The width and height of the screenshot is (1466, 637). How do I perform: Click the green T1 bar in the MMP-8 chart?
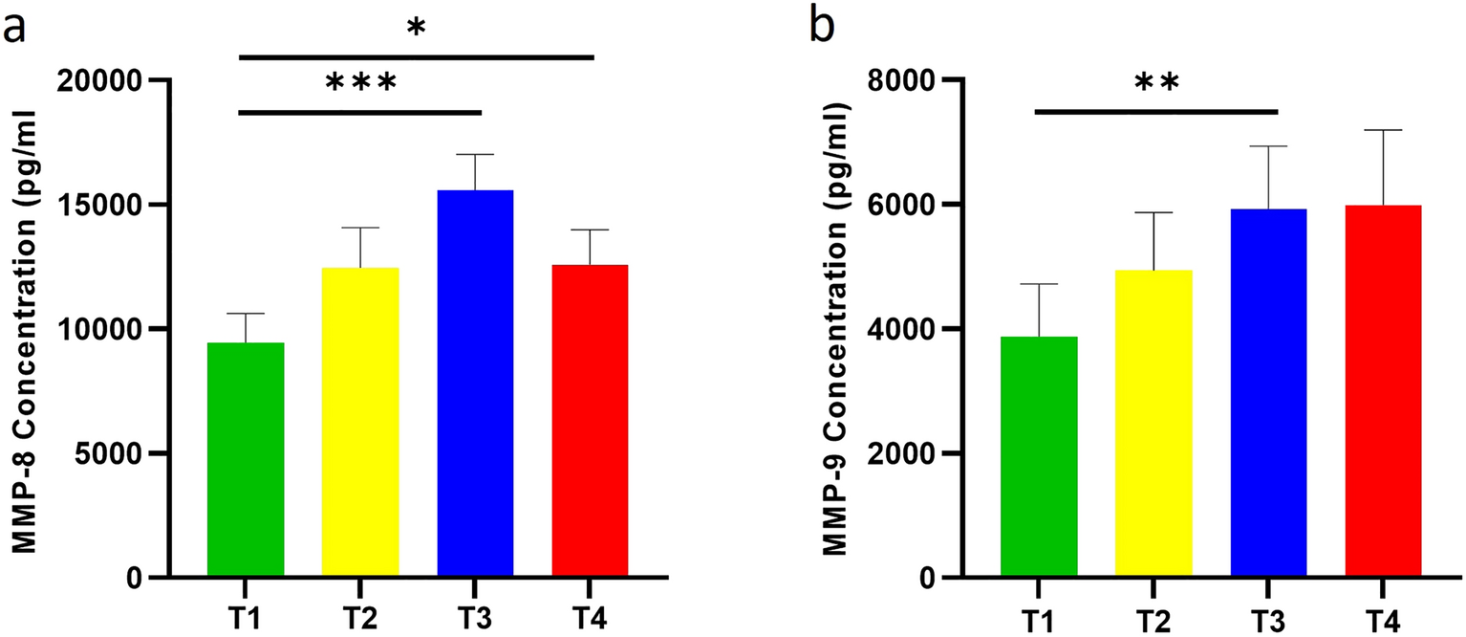click(246, 460)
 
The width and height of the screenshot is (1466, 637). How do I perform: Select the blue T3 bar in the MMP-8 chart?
click(475, 384)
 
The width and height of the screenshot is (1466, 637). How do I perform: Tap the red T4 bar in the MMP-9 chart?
click(1383, 391)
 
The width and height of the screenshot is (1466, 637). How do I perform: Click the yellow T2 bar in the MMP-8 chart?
click(360, 422)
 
